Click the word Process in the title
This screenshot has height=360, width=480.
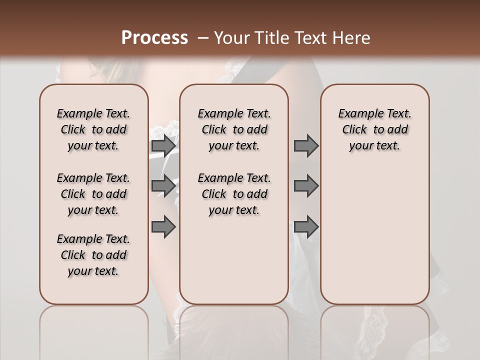coord(154,37)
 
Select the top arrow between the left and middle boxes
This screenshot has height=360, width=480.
coord(163,145)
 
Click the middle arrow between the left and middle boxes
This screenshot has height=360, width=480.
coord(163,186)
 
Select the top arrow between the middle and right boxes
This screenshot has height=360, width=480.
coord(306,145)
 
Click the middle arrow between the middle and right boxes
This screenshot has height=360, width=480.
coord(306,186)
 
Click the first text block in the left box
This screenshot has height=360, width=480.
coord(93,129)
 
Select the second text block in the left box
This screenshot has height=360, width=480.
coord(93,194)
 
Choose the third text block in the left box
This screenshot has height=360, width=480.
coord(93,255)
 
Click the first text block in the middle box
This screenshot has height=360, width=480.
coord(234,129)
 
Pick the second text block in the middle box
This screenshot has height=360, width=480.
coord(234,194)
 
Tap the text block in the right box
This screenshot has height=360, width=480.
coord(374,129)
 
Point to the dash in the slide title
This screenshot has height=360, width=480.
coord(202,38)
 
